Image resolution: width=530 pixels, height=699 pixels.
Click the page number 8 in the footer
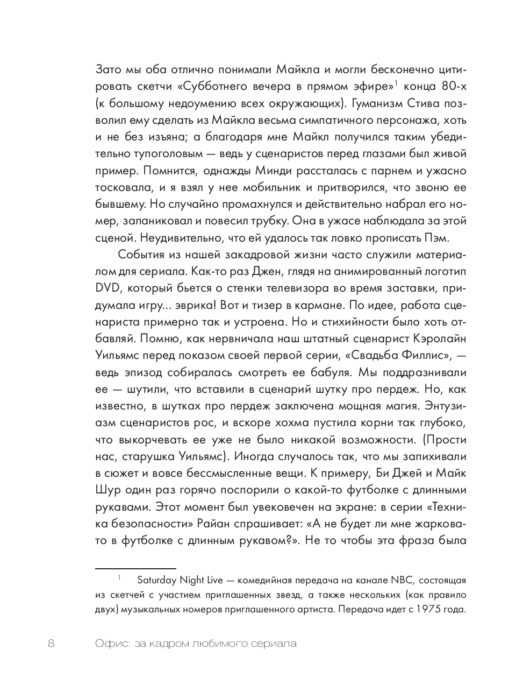pos(52,644)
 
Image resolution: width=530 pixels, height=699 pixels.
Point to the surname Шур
pos(106,490)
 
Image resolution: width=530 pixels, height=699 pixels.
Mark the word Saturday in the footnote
pos(156,581)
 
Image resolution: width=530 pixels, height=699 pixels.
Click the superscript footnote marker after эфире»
pos(397,82)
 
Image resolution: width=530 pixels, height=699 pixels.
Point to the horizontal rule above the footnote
pos(135,568)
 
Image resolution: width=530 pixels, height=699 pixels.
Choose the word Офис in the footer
pos(109,644)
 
